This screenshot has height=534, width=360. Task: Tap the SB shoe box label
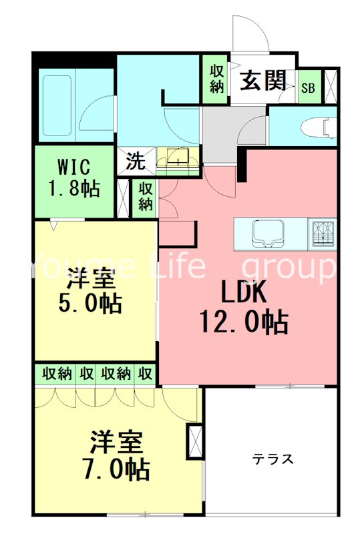309,87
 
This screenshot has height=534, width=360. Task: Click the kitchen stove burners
322,232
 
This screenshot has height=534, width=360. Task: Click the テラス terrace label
273,459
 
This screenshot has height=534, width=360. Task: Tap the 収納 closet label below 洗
146,196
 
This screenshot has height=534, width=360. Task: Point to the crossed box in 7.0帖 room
195,441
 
